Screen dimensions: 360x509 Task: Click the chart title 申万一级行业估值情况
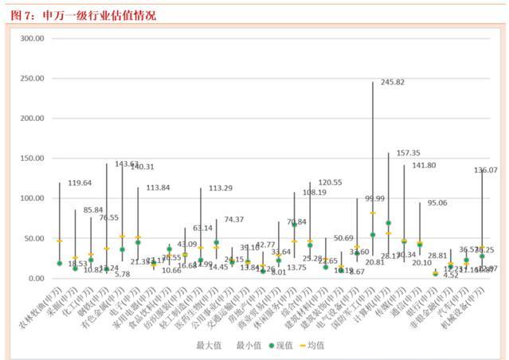pyautogui.click(x=93, y=15)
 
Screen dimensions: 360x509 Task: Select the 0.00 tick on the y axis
pyautogui.click(x=35, y=279)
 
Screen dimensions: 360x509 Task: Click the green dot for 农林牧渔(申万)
pyautogui.click(x=60, y=263)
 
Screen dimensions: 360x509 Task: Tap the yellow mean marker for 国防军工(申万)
pyautogui.click(x=373, y=213)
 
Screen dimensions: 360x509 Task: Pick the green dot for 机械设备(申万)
pyautogui.click(x=482, y=256)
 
